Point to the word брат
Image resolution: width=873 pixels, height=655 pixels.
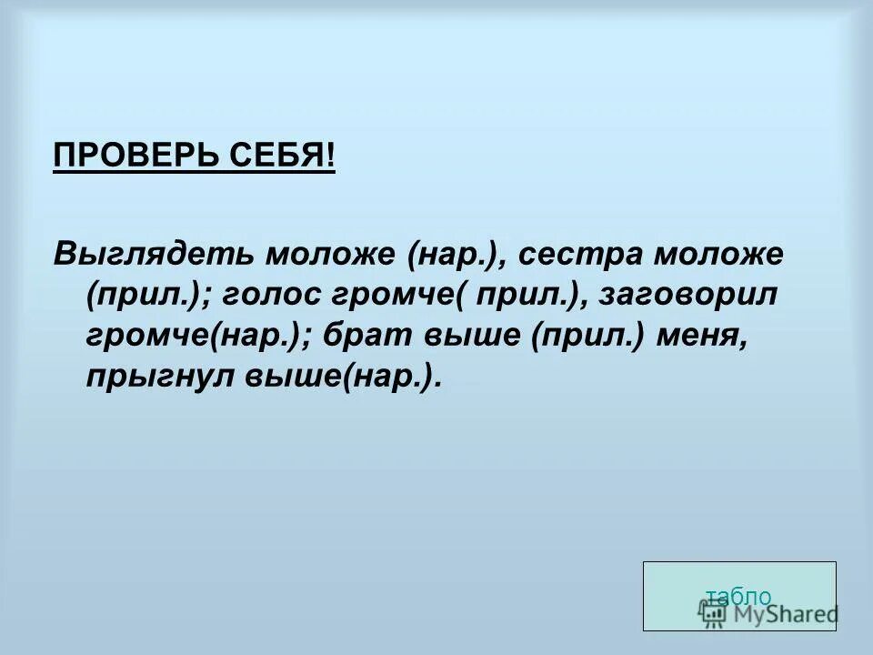[373, 336]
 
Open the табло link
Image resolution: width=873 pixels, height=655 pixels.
[738, 597]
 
